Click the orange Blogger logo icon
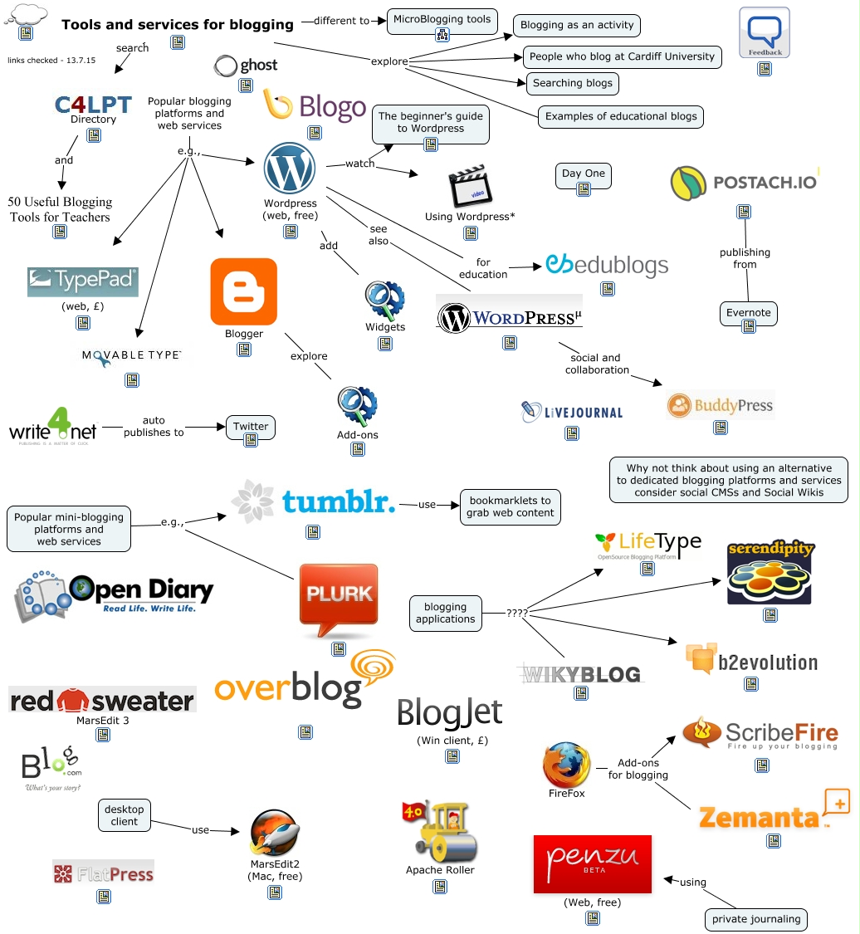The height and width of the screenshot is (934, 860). coord(243,291)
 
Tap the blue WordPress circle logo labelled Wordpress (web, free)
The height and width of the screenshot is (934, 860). coord(289,169)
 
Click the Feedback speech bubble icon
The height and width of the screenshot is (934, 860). coord(764,32)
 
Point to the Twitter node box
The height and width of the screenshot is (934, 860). coord(250,427)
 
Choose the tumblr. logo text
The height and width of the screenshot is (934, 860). coord(338,501)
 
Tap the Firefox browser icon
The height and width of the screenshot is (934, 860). coord(567,765)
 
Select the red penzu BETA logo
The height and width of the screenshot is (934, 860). coord(593,863)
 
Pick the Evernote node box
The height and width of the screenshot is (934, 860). coord(748,313)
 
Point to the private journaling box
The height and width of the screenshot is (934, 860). coord(755,919)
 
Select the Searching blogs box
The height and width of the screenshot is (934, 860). coord(573,83)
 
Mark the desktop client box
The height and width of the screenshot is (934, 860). coord(125,815)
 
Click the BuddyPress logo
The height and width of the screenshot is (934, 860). coord(720,405)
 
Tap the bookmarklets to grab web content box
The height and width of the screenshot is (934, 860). coord(510,506)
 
